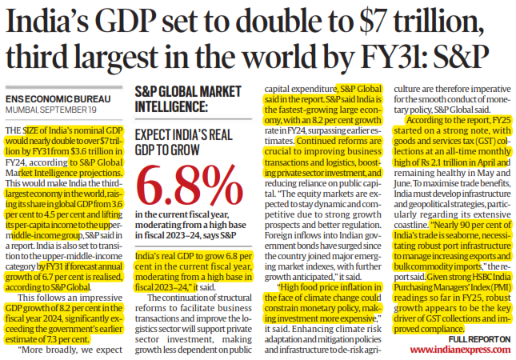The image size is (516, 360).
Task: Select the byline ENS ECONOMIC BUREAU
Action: (58, 99)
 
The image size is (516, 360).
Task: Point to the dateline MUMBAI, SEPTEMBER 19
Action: (50, 110)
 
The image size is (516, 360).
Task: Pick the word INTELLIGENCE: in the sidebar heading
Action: (171, 107)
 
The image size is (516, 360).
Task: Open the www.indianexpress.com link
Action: (460, 350)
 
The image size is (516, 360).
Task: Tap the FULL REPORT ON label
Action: (479, 339)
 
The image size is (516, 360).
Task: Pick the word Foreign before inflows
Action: (278, 236)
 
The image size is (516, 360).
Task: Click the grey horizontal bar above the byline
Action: (64, 87)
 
